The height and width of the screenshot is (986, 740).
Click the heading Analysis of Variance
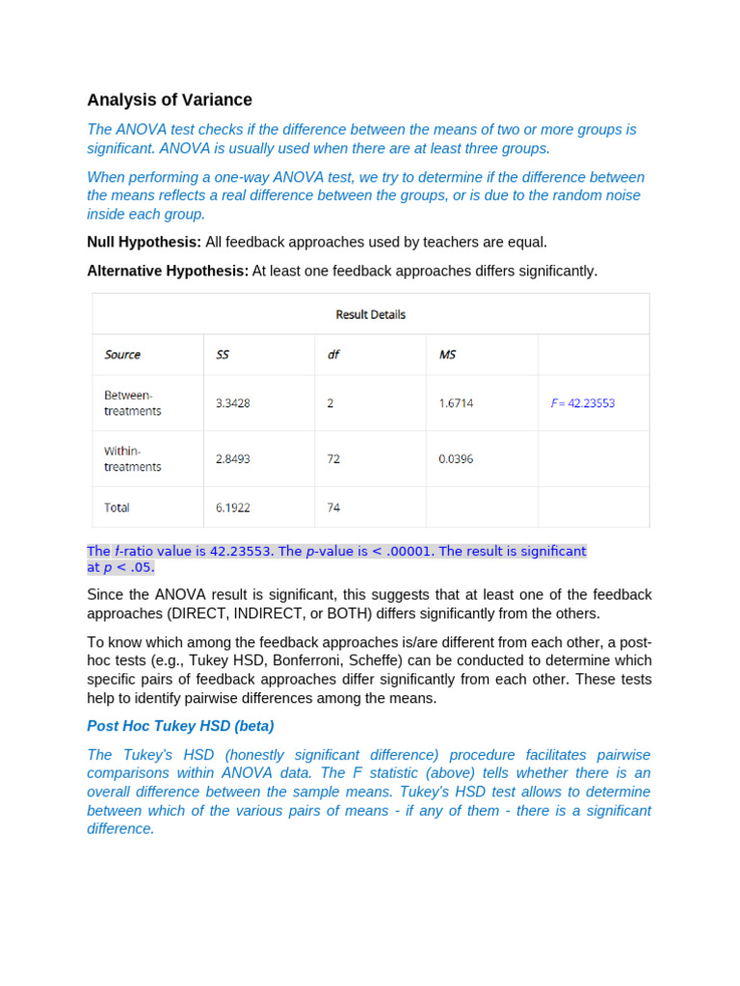(x=170, y=100)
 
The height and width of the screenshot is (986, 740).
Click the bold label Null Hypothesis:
(x=144, y=243)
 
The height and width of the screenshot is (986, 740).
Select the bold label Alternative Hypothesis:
(x=168, y=272)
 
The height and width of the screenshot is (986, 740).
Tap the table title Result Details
(x=370, y=315)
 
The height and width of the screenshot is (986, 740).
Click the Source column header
(x=122, y=354)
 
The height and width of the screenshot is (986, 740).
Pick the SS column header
(x=223, y=354)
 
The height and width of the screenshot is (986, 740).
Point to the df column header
(x=333, y=354)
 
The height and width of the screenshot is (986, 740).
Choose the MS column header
(x=447, y=354)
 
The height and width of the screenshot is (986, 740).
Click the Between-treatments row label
(x=133, y=402)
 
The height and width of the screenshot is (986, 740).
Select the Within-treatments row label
(x=133, y=458)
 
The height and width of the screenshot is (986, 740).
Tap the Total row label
(x=117, y=507)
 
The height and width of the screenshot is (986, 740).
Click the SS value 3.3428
(x=233, y=403)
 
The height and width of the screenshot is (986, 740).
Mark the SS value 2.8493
(x=233, y=459)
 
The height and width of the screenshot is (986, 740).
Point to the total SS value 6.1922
(x=233, y=507)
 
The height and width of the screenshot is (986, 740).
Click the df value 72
(x=333, y=459)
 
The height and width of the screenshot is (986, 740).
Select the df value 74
(x=333, y=507)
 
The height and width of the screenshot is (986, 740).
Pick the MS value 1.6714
(x=456, y=403)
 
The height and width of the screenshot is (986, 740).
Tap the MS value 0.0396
(x=456, y=459)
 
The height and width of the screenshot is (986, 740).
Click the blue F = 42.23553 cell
(x=582, y=403)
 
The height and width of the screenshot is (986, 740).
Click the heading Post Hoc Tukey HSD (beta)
(x=180, y=726)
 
